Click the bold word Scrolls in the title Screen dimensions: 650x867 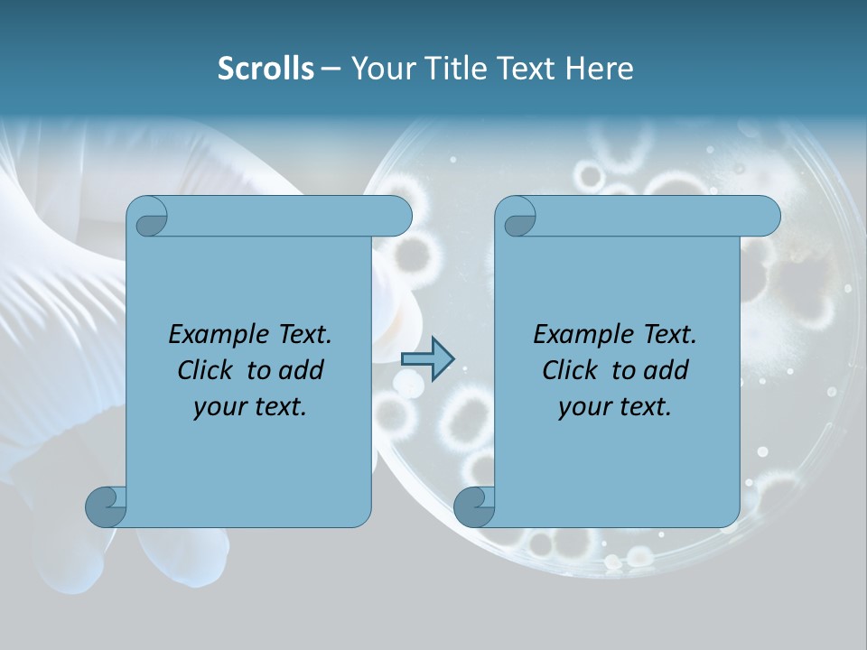266,69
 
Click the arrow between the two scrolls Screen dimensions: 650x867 427,358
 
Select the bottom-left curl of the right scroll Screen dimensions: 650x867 474,507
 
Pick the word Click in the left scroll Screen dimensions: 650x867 208,370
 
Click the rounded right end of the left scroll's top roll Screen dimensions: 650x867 397,216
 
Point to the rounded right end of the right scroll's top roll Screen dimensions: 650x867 766,216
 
